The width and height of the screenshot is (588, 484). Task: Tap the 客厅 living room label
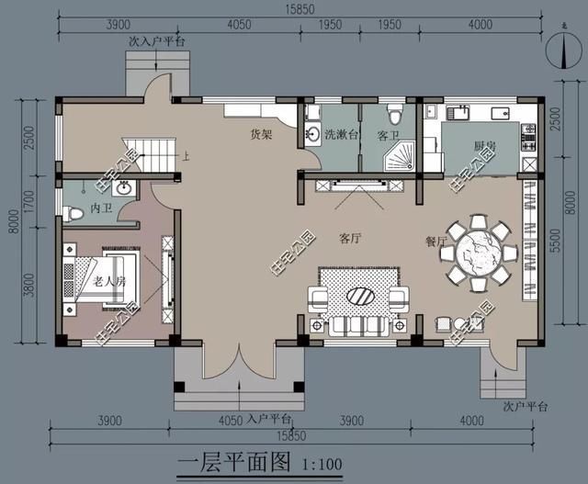point(349,239)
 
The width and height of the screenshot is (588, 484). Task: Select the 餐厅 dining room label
point(436,242)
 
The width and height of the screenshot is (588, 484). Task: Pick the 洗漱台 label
point(337,134)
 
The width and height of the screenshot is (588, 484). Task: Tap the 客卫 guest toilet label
point(388,134)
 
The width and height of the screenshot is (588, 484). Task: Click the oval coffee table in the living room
point(358,296)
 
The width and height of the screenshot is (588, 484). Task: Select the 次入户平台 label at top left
point(157,41)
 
